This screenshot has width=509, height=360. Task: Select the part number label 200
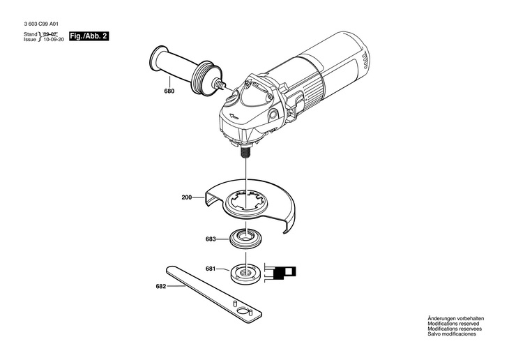(x=186, y=197)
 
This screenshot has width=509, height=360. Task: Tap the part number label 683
(x=211, y=239)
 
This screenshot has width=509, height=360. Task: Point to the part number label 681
(x=211, y=269)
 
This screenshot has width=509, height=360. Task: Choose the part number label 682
(x=161, y=285)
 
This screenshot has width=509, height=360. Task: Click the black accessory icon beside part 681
(x=285, y=271)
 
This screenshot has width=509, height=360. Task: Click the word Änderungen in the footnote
(x=442, y=319)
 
